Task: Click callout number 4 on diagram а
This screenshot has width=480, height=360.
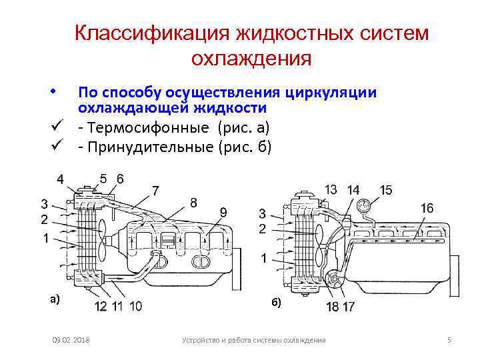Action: click(61, 179)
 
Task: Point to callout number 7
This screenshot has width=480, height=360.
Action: click(155, 191)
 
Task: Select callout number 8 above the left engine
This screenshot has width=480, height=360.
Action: click(193, 202)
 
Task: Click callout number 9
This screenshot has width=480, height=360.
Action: click(223, 213)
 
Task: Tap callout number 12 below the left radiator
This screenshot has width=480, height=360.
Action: click(101, 307)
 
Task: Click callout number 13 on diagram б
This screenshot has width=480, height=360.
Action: click(330, 190)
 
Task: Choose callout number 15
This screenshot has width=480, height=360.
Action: click(385, 191)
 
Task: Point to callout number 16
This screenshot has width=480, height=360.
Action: click(427, 209)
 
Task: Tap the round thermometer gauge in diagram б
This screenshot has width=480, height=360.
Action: click(363, 205)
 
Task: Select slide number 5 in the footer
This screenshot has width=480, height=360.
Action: click(449, 341)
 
